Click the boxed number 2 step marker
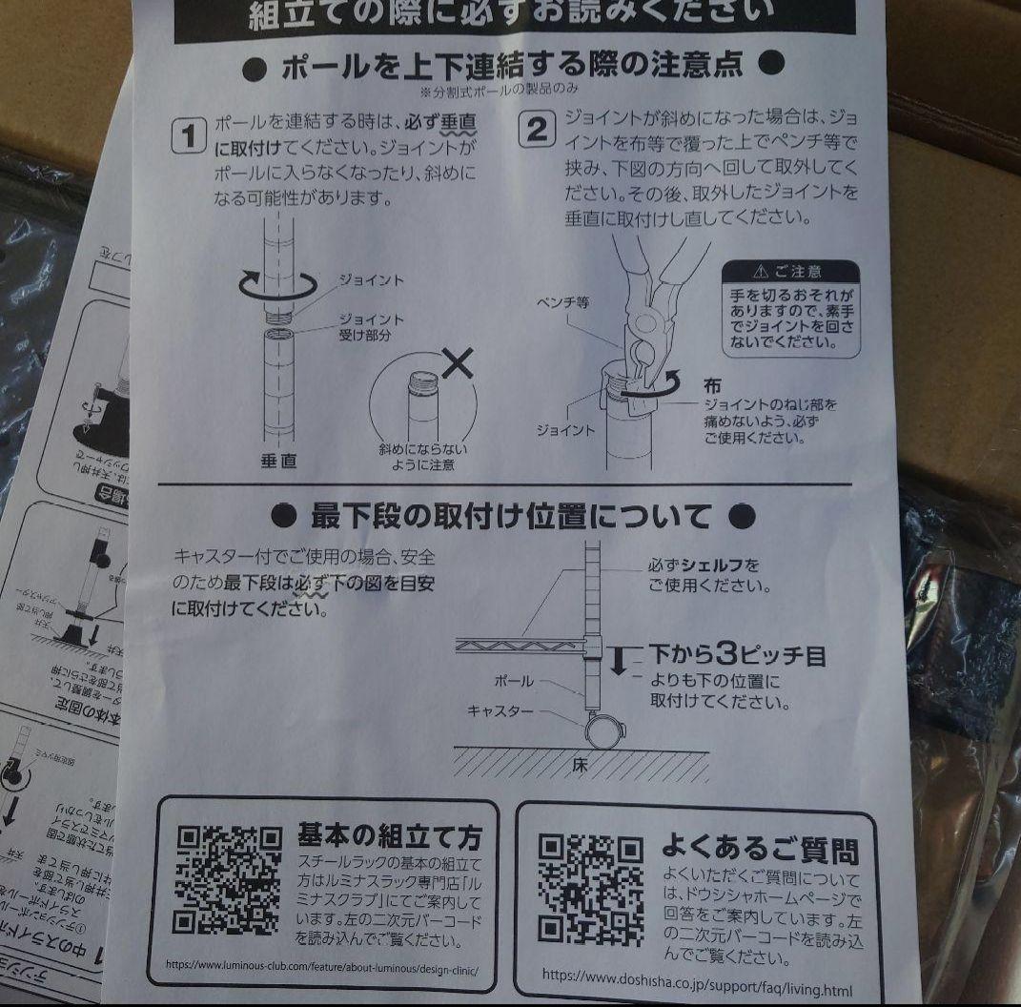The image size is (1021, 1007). click(x=538, y=129)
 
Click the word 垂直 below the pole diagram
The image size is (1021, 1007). click(x=279, y=461)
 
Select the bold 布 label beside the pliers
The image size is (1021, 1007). click(x=712, y=386)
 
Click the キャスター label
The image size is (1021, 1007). click(x=500, y=711)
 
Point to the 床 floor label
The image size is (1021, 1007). click(x=579, y=765)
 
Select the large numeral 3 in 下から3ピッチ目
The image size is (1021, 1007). click(x=727, y=655)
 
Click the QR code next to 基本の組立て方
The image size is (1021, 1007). click(x=228, y=879)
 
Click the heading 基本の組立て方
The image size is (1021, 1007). click(x=389, y=836)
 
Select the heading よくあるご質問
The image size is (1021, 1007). click(x=759, y=848)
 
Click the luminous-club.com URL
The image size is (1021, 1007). click(x=320, y=964)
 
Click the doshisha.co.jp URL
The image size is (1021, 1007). click(x=697, y=975)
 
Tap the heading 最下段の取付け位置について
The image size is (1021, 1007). click(x=512, y=517)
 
